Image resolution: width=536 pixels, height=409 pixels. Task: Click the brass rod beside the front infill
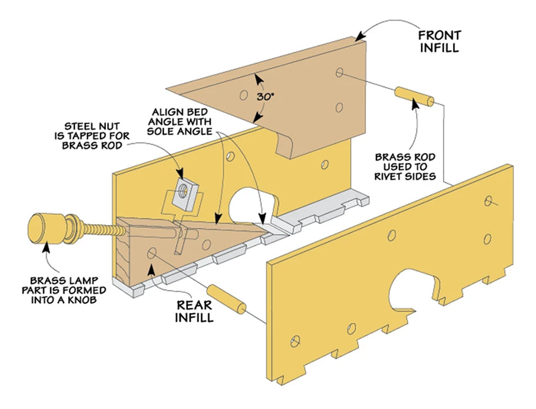[415, 96]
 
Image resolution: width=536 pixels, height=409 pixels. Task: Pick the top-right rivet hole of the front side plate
[488, 201]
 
